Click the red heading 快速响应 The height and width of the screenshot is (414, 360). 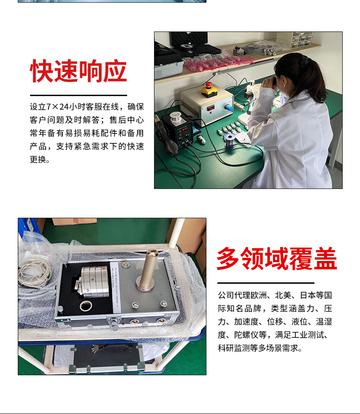pyautogui.click(x=78, y=71)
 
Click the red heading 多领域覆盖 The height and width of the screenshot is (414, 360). pyautogui.click(x=277, y=259)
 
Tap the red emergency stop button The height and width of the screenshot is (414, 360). pyautogui.click(x=209, y=85)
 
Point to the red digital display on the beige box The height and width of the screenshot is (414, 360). pyautogui.click(x=211, y=108)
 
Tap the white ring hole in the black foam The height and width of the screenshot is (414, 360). pyautogui.click(x=86, y=306)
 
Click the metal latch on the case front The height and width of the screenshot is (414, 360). pyautogui.click(x=114, y=324)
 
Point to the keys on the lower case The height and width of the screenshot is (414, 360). pyautogui.click(x=95, y=348)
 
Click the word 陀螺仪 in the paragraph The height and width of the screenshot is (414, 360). pyautogui.click(x=247, y=335)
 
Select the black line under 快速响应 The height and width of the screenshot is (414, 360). pyautogui.click(x=78, y=95)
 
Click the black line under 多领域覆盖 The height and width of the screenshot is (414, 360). pyautogui.click(x=266, y=283)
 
